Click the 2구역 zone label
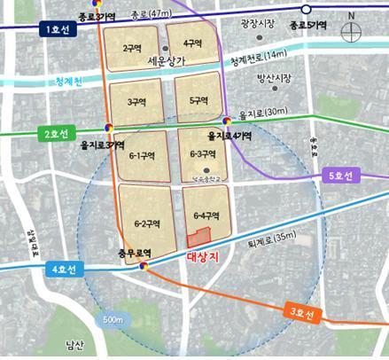tap(134, 49)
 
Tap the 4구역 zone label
tap(191, 43)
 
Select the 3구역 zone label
tap(136, 103)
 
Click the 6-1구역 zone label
tap(143, 155)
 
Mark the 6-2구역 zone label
tap(145, 223)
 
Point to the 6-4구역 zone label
tap(203, 215)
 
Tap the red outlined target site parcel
tap(199, 237)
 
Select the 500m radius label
tap(112, 318)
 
